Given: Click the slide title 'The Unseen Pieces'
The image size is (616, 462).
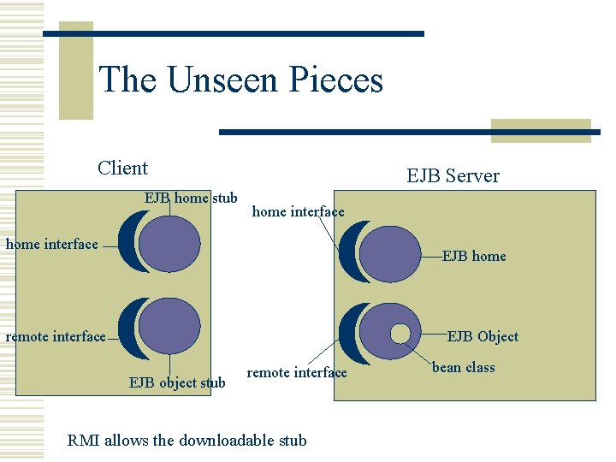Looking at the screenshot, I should pyautogui.click(x=241, y=80).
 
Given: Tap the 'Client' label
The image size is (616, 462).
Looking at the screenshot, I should pyautogui.click(x=122, y=168).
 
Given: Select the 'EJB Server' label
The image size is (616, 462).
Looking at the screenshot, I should pyautogui.click(x=453, y=176).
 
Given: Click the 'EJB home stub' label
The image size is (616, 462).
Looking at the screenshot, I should pyautogui.click(x=191, y=198).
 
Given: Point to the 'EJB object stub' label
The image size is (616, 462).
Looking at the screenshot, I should pyautogui.click(x=177, y=382).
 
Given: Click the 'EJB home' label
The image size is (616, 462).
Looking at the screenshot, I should pyautogui.click(x=474, y=256).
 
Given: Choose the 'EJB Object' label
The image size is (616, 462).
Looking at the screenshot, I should pyautogui.click(x=483, y=336).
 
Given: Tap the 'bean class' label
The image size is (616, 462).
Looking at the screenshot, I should pyautogui.click(x=463, y=367).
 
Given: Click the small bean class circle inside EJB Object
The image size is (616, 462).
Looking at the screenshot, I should pyautogui.click(x=400, y=334).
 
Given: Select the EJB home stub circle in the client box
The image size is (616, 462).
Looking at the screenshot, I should pyautogui.click(x=169, y=242).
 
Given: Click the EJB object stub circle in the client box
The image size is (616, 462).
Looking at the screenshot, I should pyautogui.click(x=169, y=327).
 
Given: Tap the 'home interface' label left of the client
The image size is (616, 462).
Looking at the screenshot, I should pyautogui.click(x=52, y=245).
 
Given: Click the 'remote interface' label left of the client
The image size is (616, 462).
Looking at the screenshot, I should pyautogui.click(x=56, y=336).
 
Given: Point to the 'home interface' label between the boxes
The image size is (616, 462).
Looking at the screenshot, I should pyautogui.click(x=298, y=211).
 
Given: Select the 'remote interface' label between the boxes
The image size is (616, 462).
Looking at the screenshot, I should pyautogui.click(x=297, y=372).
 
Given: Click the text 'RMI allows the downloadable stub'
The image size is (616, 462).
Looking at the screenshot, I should pyautogui.click(x=187, y=441).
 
